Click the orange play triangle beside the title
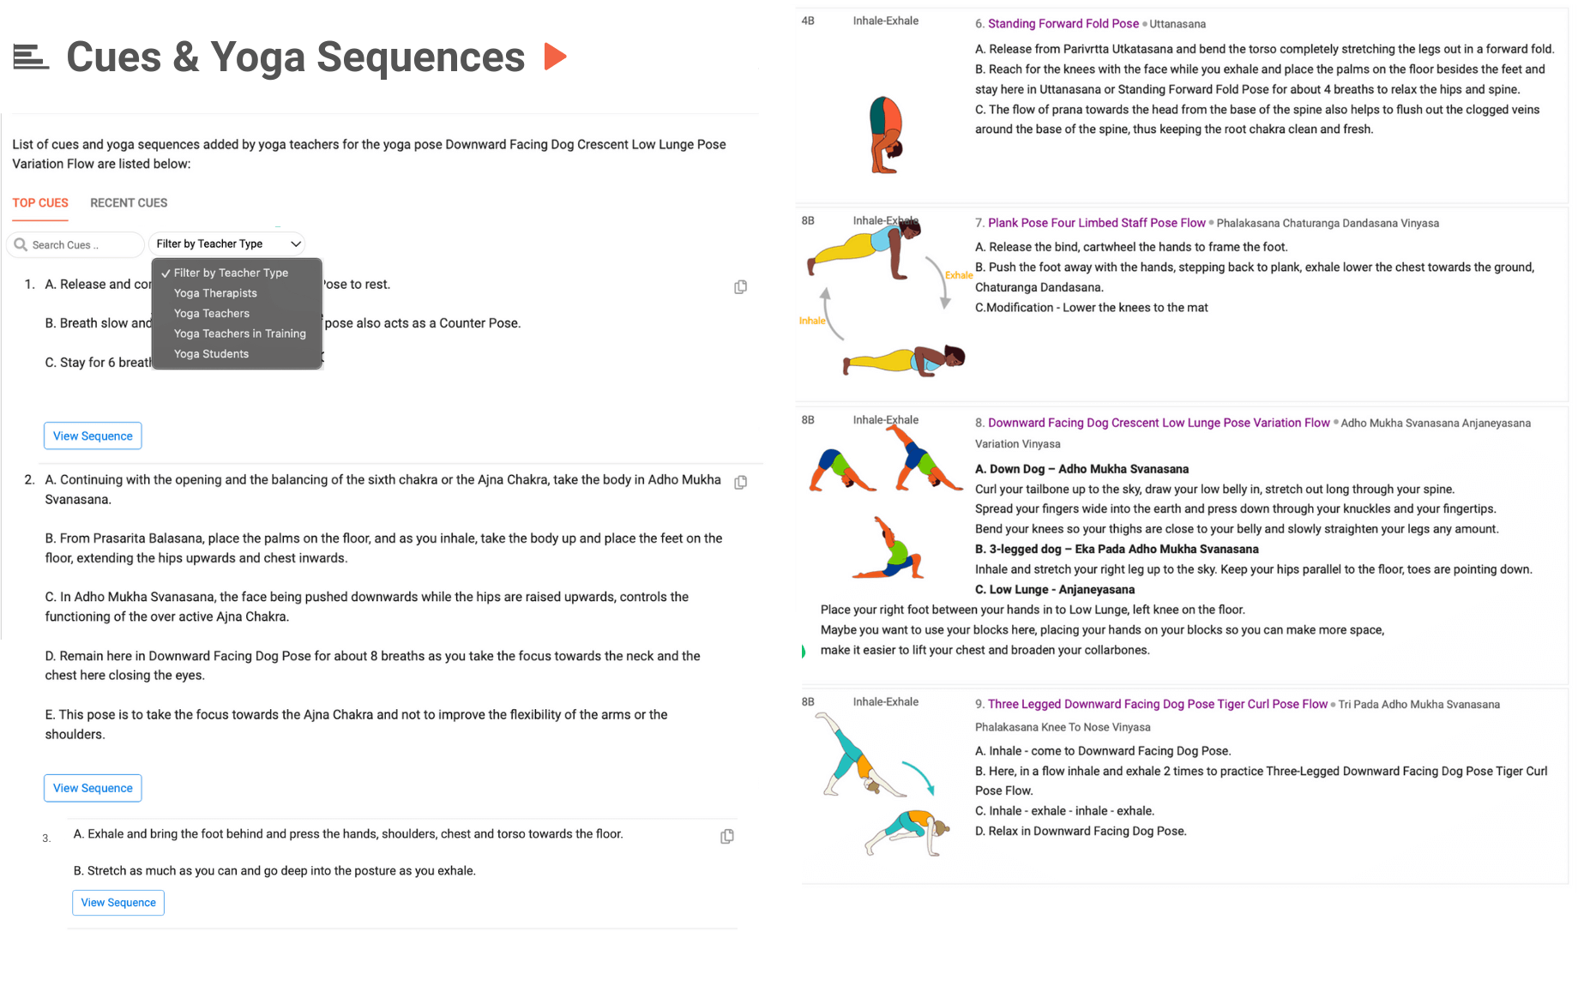[555, 57]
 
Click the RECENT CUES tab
[129, 203]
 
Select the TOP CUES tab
[40, 203]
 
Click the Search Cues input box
[81, 245]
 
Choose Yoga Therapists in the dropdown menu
[215, 293]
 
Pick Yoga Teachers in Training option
[239, 334]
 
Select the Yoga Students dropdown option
[211, 354]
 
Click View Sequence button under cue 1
[93, 436]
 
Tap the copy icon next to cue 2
[741, 483]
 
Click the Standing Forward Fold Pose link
[1063, 24]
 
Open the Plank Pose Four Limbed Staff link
[1096, 223]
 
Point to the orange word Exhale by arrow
[958, 275]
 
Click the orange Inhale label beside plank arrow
[811, 321]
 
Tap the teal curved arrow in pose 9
[918, 776]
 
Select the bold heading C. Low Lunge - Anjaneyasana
[1054, 590]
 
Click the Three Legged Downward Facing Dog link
[1157, 704]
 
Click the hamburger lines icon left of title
[31, 57]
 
